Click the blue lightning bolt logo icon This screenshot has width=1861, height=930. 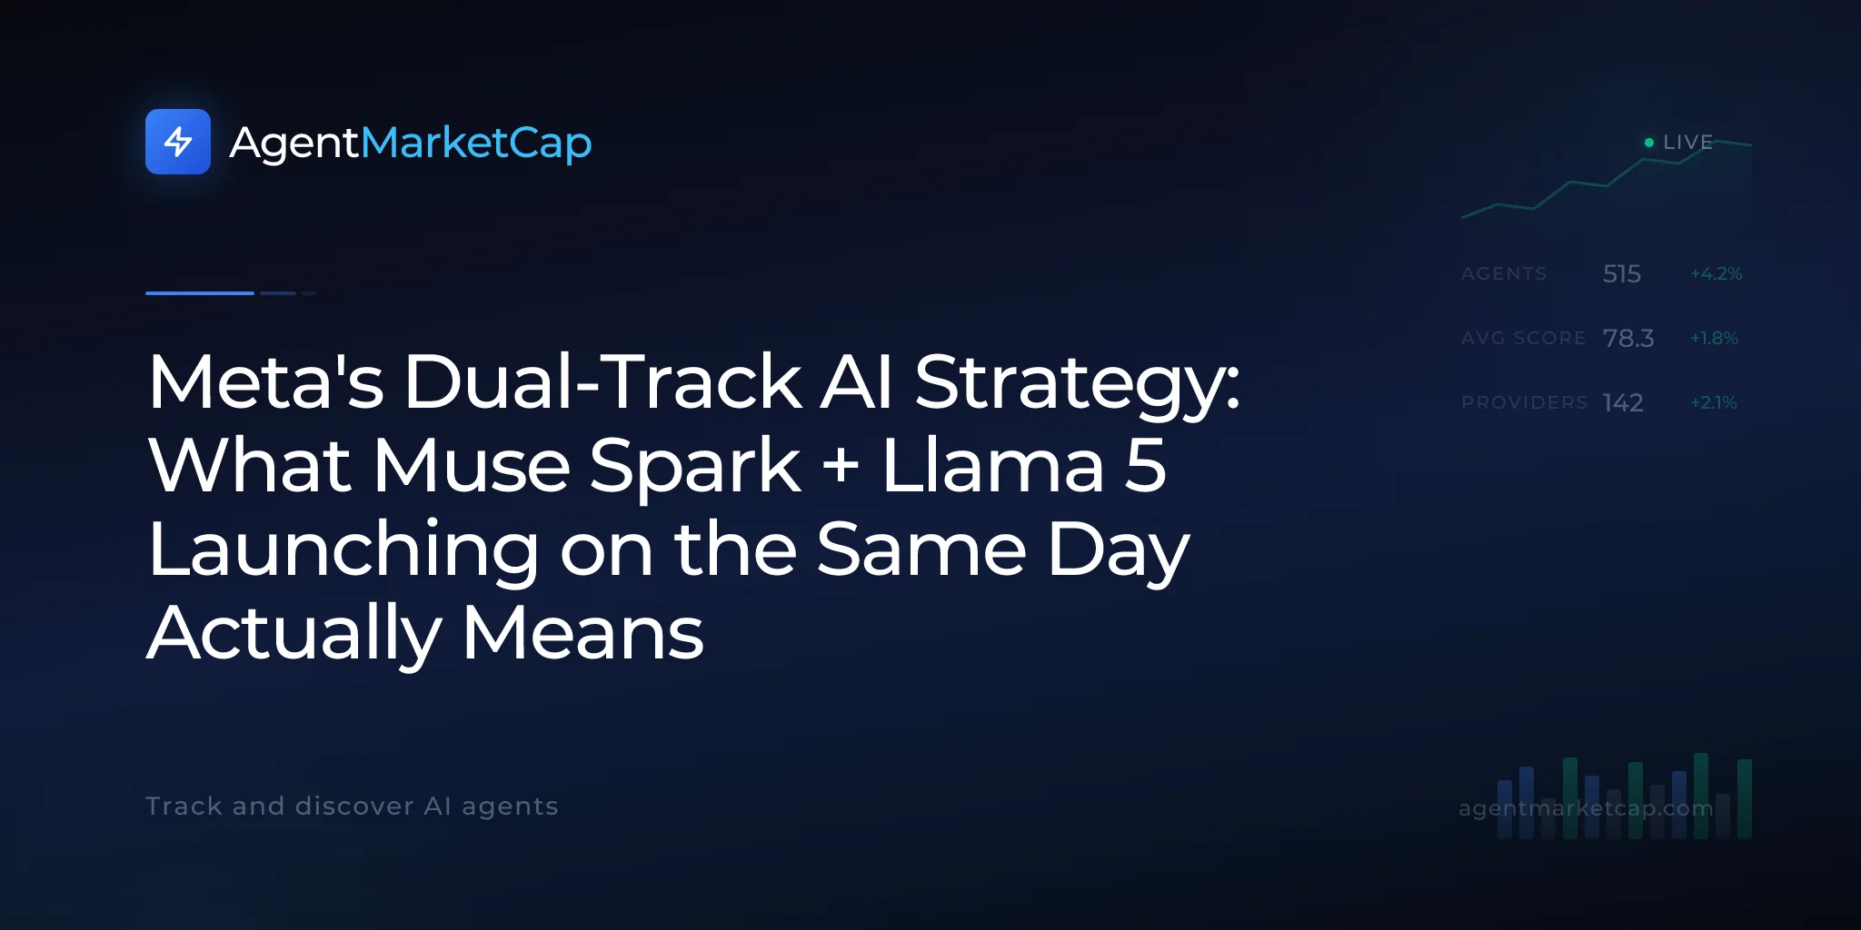178,142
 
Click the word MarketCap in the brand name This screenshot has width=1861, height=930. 476,143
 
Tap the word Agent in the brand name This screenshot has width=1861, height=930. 294,143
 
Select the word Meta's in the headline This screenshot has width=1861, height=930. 266,381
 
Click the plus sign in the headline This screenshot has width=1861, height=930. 841,464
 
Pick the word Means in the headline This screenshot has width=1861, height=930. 583,632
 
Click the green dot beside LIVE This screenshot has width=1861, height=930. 1649,143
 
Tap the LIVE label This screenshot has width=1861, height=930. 1687,143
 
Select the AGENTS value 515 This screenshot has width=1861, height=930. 1622,273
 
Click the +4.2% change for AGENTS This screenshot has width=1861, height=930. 1716,273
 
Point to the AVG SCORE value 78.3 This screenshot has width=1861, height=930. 1628,338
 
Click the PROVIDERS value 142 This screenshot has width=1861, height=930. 1623,402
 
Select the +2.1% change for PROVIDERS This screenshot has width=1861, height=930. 1714,402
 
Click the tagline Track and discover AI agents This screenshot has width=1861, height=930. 352,806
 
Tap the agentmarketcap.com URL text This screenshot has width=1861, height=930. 1586,807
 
